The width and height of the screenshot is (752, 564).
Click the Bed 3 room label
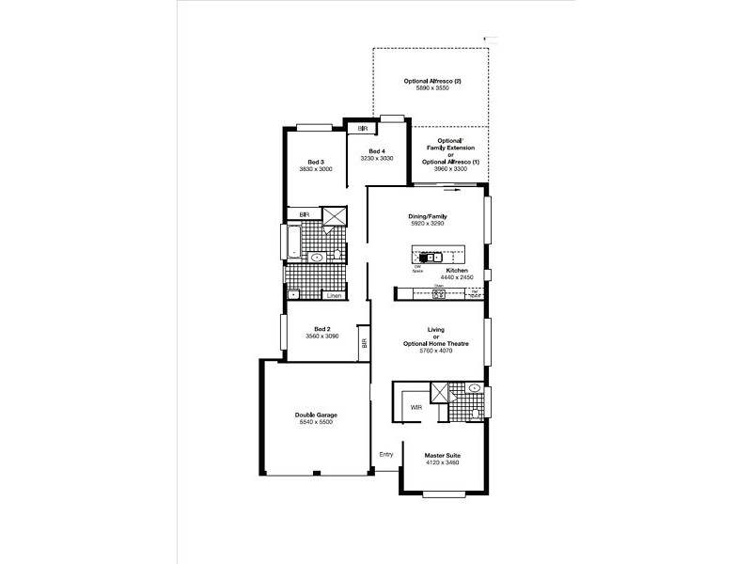pos(316,162)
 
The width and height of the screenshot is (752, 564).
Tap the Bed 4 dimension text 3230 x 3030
pos(376,159)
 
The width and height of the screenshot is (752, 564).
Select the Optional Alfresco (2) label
pos(432,82)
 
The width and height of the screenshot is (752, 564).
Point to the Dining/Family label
pos(427,217)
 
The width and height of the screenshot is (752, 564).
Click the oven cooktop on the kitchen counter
pos(438,294)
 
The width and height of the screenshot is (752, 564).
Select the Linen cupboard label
pos(333,296)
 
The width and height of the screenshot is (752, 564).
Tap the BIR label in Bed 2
pos(364,343)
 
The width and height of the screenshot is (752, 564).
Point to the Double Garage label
pos(316,415)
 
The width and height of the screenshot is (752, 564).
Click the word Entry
pos(385,455)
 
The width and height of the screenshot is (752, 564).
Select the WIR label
pos(416,407)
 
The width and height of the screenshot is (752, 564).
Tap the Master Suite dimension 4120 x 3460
pos(442,463)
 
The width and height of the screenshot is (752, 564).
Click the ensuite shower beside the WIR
pos(440,393)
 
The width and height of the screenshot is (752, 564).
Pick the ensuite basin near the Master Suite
pos(475,387)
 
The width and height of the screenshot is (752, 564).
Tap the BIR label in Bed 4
pos(362,127)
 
